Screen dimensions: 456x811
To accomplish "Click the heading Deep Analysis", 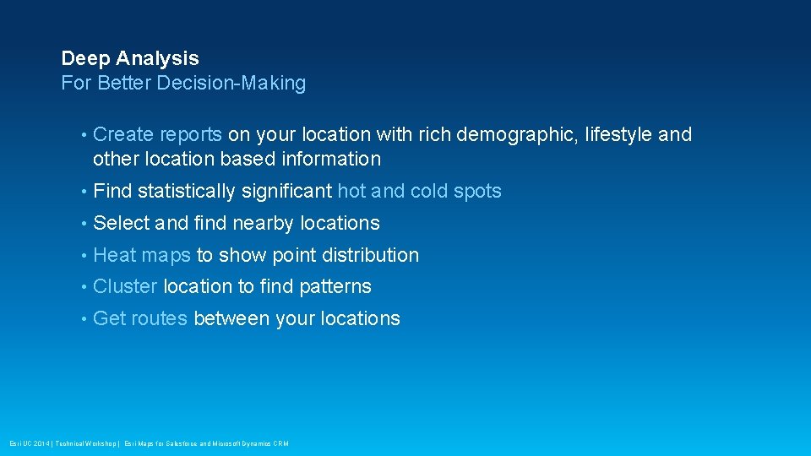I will (130, 58).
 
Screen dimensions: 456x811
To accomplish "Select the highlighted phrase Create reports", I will (158, 134).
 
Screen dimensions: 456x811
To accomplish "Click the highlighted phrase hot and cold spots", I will (419, 191).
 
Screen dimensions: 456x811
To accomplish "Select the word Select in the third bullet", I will (121, 223).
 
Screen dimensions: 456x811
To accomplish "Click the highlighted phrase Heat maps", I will (142, 255).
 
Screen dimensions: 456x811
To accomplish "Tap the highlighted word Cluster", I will (125, 287).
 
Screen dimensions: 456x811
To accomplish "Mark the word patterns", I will (335, 287).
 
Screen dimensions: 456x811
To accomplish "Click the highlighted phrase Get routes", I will (140, 319).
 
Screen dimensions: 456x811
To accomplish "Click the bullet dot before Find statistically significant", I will (84, 192).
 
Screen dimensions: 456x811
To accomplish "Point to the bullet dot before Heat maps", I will (84, 256).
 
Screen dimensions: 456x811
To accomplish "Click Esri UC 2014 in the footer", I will (28, 443).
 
